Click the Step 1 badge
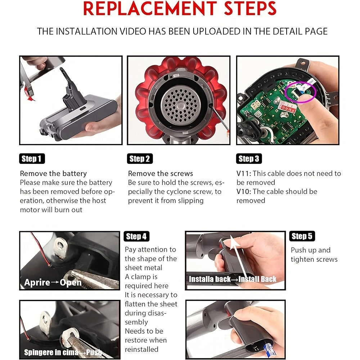pyautogui.click(x=32, y=159)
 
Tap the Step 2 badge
pyautogui.click(x=140, y=159)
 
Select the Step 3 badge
pyautogui.click(x=249, y=159)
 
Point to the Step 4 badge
pyautogui.click(x=136, y=236)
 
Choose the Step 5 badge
pyautogui.click(x=302, y=236)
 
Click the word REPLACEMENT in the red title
pyautogui.click(x=150, y=9)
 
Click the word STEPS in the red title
pyautogui.click(x=250, y=9)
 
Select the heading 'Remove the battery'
pyautogui.click(x=53, y=174)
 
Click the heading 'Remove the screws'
pyautogui.click(x=161, y=174)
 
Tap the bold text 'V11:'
pyautogui.click(x=244, y=174)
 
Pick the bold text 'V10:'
pyautogui.click(x=244, y=192)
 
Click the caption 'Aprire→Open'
pyautogui.click(x=53, y=282)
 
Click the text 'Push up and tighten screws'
pyautogui.click(x=314, y=255)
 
